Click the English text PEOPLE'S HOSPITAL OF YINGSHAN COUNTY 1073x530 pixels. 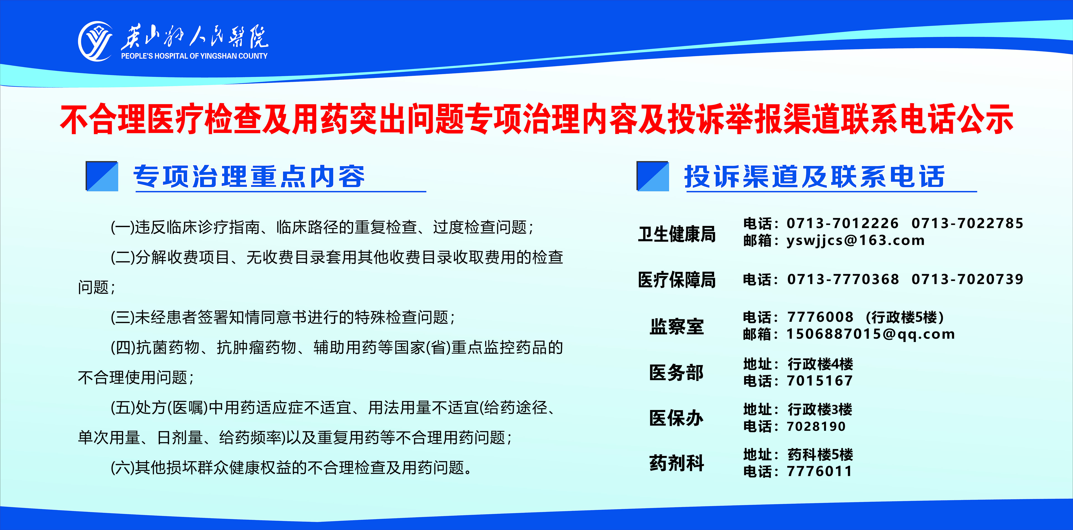point(194,56)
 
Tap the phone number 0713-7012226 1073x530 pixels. point(842,223)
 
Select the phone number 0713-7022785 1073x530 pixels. point(967,223)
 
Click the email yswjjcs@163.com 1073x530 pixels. point(856,241)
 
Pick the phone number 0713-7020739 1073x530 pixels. point(967,279)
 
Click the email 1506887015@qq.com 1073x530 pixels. point(871,334)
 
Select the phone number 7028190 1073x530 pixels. point(816,426)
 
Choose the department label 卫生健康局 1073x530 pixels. point(677,234)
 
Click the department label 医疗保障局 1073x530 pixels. point(677,280)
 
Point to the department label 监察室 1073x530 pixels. point(677,326)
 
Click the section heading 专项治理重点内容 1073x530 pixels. point(249,177)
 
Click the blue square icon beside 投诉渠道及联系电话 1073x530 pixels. point(653,176)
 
